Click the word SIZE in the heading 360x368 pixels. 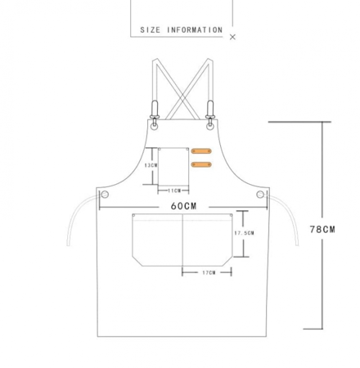coord(150,30)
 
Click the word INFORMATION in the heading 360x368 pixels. coord(195,30)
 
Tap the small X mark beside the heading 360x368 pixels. coord(232,37)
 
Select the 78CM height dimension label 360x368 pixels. coord(322,230)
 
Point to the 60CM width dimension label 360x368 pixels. coord(183,206)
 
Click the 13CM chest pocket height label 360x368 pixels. coord(151,165)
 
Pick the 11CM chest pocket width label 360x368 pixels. coord(174,191)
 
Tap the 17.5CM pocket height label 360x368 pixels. coord(244,233)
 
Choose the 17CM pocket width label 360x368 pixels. coord(209,272)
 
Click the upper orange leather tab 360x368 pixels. coord(201,151)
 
